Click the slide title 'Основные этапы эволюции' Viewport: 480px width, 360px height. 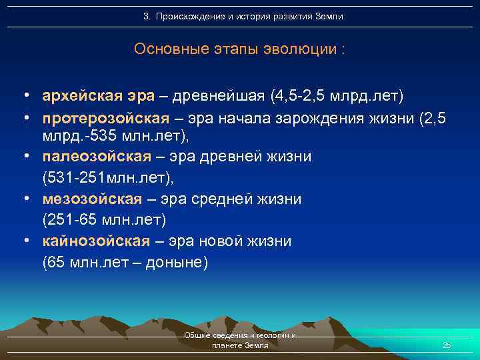(x=239, y=49)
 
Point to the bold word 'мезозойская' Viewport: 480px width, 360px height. (x=92, y=199)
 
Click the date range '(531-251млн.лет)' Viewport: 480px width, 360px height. (x=107, y=178)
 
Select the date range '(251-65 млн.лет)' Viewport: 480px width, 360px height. (x=103, y=219)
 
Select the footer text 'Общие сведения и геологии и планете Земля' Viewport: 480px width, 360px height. (x=240, y=341)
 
